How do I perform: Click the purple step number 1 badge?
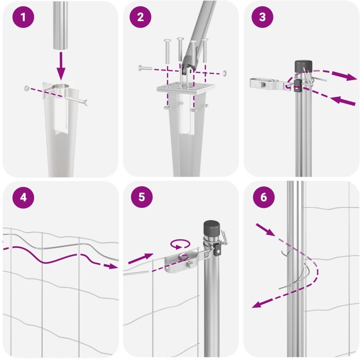[x=23, y=17]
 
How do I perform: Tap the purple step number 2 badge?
[x=140, y=17]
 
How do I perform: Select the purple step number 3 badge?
[x=262, y=17]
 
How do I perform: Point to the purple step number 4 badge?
[x=23, y=198]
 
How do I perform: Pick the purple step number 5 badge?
[x=142, y=197]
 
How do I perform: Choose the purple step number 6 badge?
[x=264, y=197]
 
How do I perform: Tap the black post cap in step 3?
[x=303, y=66]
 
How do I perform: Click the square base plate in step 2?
[x=186, y=88]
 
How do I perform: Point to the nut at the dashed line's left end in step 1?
[x=27, y=88]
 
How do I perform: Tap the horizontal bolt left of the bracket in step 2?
[x=145, y=68]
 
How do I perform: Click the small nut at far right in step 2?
[x=225, y=73]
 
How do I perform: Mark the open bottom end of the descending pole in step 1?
[x=61, y=48]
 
